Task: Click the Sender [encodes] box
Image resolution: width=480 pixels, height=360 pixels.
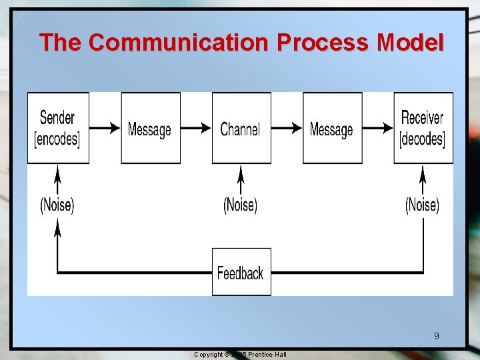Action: pos(58,128)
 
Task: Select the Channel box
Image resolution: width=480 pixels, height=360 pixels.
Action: pos(241,128)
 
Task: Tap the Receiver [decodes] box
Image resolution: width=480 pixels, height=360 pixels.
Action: pos(423,128)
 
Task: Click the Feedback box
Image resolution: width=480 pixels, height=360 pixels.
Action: pos(241,272)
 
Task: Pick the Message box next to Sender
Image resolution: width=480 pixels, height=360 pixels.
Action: pos(150,128)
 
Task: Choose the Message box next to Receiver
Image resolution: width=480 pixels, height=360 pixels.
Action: pos(332,128)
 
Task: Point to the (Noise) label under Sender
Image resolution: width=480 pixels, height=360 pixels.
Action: pos(57,205)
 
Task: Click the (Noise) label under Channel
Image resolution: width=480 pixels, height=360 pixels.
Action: pos(241,205)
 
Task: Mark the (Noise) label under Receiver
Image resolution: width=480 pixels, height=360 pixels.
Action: pos(423,205)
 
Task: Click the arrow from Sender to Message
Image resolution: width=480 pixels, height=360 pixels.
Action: pos(105,128)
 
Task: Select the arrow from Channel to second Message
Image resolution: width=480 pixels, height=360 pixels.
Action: pos(287,128)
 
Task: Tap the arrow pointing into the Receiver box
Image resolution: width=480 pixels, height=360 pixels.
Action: pos(378,128)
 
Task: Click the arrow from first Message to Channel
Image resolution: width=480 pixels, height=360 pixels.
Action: pos(196,128)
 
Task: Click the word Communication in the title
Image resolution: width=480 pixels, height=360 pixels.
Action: pos(179,42)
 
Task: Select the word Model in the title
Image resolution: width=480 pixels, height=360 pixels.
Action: pos(410,42)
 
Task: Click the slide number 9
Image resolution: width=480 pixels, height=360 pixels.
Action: pos(436,335)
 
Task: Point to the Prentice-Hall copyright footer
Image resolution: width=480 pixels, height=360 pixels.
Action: pos(240,354)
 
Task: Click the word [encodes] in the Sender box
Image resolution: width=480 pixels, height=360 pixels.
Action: pos(57,139)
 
